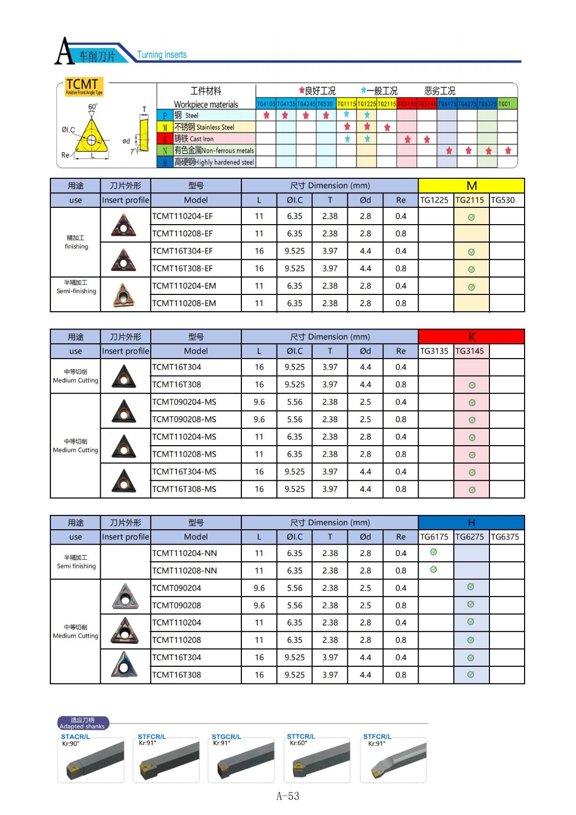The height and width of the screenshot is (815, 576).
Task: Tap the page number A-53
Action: click(x=288, y=796)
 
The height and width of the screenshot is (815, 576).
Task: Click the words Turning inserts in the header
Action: click(x=161, y=55)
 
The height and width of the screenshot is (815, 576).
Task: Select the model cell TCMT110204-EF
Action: click(x=182, y=216)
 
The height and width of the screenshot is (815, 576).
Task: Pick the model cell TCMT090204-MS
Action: click(x=184, y=402)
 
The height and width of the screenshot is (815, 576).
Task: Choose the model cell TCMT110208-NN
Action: click(x=184, y=571)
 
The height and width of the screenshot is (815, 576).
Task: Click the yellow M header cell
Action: click(x=471, y=186)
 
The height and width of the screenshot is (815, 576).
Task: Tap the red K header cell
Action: click(x=471, y=337)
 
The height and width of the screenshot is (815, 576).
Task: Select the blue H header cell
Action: click(x=471, y=523)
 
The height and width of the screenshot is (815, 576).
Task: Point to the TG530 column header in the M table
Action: click(x=503, y=200)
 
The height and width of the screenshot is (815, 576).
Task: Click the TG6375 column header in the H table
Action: click(x=505, y=537)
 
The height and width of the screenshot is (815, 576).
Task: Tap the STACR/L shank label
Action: click(x=75, y=737)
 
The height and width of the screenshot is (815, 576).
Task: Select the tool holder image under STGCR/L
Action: click(x=241, y=762)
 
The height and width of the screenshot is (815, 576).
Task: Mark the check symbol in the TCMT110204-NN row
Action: click(x=433, y=552)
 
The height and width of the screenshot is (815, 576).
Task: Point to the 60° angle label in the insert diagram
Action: click(x=93, y=107)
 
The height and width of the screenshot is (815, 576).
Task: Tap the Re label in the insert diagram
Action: click(x=65, y=155)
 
